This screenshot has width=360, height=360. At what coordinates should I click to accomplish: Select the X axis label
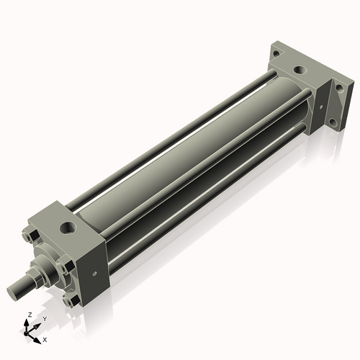click(x=45, y=338)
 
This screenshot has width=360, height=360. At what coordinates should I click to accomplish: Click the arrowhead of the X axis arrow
click(x=39, y=336)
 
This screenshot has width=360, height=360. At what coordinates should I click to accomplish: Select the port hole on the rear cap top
click(x=297, y=71)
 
